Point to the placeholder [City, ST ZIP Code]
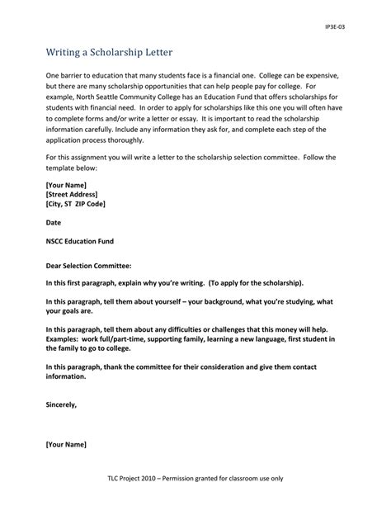click(x=75, y=203)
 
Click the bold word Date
click(x=54, y=222)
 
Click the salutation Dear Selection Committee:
click(x=89, y=266)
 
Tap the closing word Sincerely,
click(x=61, y=405)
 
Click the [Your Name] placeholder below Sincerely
click(x=66, y=445)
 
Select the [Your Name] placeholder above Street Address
click(x=66, y=183)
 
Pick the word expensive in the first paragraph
click(x=314, y=75)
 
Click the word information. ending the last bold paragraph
click(x=65, y=375)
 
